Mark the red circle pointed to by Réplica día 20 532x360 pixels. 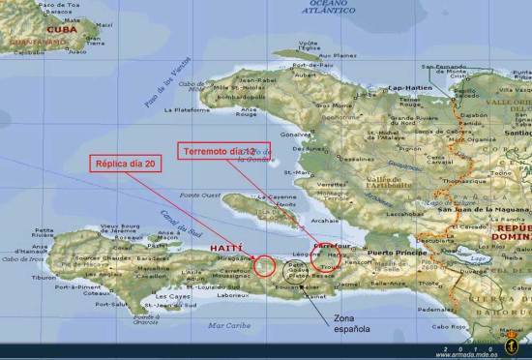[x=263, y=265]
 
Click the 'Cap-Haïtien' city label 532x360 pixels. [x=408, y=88]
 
